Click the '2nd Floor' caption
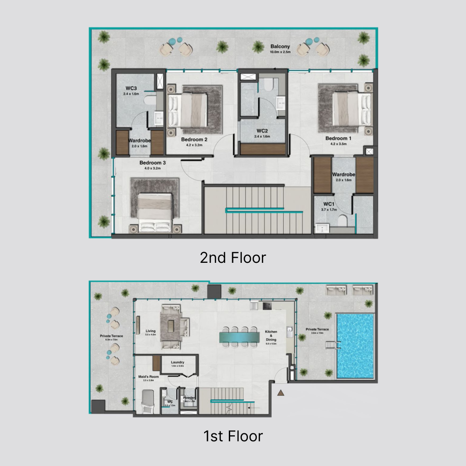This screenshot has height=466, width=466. click(x=233, y=257)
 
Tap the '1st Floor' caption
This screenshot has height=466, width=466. click(x=233, y=436)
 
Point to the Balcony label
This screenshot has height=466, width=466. click(x=280, y=47)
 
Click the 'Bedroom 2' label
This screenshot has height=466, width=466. click(x=194, y=139)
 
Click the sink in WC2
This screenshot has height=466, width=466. click(x=281, y=103)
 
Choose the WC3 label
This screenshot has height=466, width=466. click(x=131, y=88)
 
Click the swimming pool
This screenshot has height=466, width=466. click(x=355, y=345)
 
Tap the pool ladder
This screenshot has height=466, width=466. click(x=331, y=345)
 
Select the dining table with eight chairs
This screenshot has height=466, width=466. click(x=239, y=336)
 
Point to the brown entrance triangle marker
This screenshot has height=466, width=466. click(x=281, y=393)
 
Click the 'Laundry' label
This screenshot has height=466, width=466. click(x=178, y=362)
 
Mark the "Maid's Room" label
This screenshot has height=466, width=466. click(x=149, y=377)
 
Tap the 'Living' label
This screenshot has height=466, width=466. click(x=150, y=331)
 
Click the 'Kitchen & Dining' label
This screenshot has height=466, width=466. click(x=271, y=336)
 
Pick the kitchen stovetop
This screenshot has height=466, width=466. click(x=268, y=306)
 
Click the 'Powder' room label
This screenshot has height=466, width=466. click(x=189, y=397)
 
